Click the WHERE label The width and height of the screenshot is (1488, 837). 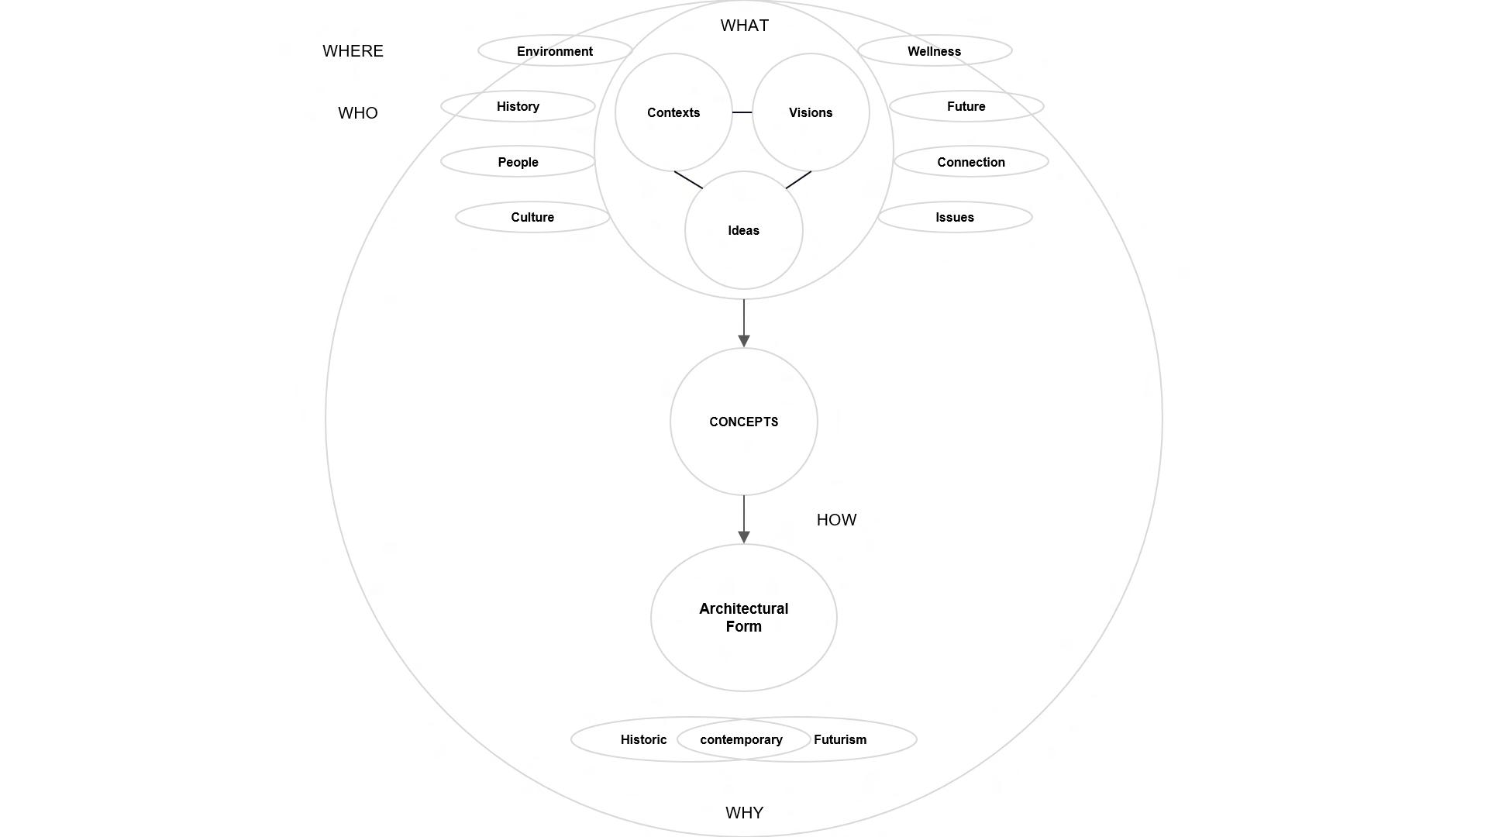pyautogui.click(x=353, y=51)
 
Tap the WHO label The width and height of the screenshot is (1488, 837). pyautogui.click(x=358, y=113)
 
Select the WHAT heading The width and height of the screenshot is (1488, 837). pyautogui.click(x=744, y=26)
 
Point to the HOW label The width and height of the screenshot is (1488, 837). pyautogui.click(x=836, y=520)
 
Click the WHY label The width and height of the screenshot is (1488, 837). pyautogui.click(x=744, y=813)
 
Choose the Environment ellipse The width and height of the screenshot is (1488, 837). pyautogui.click(x=555, y=51)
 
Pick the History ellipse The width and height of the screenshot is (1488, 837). pyautogui.click(x=518, y=106)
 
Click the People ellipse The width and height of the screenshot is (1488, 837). pyautogui.click(x=518, y=162)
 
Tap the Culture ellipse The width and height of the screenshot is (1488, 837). pyautogui.click(x=532, y=217)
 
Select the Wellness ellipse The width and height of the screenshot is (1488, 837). pyautogui.click(x=934, y=51)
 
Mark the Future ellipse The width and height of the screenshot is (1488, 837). pyautogui.click(x=966, y=106)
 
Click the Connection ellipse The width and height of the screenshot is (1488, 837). pyautogui.click(x=970, y=162)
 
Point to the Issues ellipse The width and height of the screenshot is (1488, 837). pyautogui.click(x=954, y=217)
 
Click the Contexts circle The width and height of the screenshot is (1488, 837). pyautogui.click(x=673, y=112)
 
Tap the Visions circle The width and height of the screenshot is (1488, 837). pyautogui.click(x=811, y=112)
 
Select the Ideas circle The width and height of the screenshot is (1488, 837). pyautogui.click(x=743, y=230)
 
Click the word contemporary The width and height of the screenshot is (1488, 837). pyautogui.click(x=741, y=739)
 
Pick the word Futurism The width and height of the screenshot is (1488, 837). pyautogui.click(x=840, y=739)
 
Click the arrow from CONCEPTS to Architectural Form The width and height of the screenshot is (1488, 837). pyautogui.click(x=744, y=519)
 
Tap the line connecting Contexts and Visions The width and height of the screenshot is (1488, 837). pyautogui.click(x=742, y=112)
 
